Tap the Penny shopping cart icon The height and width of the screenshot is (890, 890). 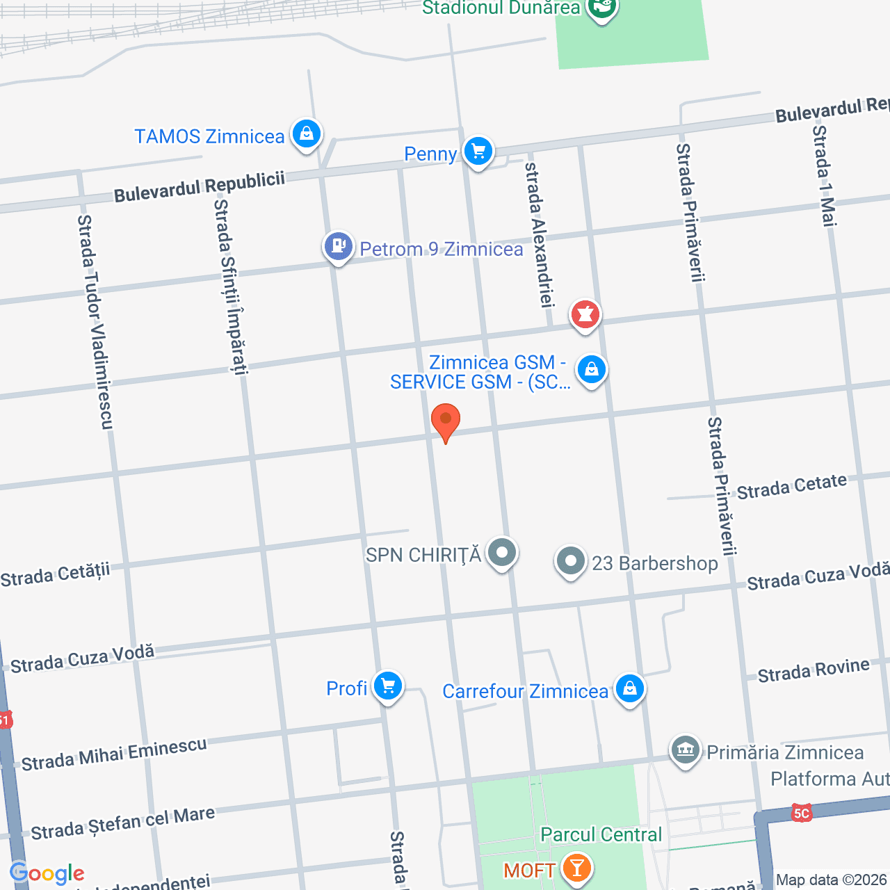478,151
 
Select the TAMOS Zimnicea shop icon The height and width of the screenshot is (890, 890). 307,133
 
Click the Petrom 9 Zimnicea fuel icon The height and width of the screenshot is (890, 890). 339,246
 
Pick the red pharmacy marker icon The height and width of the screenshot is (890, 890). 585,315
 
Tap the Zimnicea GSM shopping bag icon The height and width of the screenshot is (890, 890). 592,369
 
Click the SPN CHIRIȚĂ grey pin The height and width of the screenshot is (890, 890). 501,553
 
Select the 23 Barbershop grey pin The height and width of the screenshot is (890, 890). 571,561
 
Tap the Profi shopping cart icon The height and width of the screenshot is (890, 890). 388,686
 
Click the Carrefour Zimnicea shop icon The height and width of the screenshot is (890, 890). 630,688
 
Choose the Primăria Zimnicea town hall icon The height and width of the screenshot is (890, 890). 686,750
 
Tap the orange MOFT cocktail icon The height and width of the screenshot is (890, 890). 576,868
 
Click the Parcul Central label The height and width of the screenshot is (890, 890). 601,834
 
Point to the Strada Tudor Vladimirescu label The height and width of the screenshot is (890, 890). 95,321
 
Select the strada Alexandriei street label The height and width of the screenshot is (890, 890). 540,234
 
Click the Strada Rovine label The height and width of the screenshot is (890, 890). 813,671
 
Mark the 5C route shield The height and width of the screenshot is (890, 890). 802,813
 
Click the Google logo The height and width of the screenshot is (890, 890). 47,873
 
